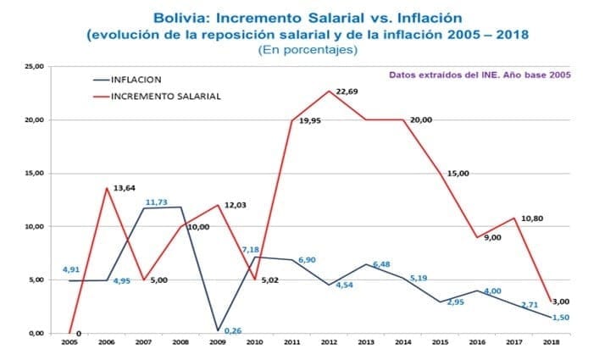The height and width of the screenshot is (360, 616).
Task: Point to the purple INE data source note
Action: (x=480, y=75)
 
